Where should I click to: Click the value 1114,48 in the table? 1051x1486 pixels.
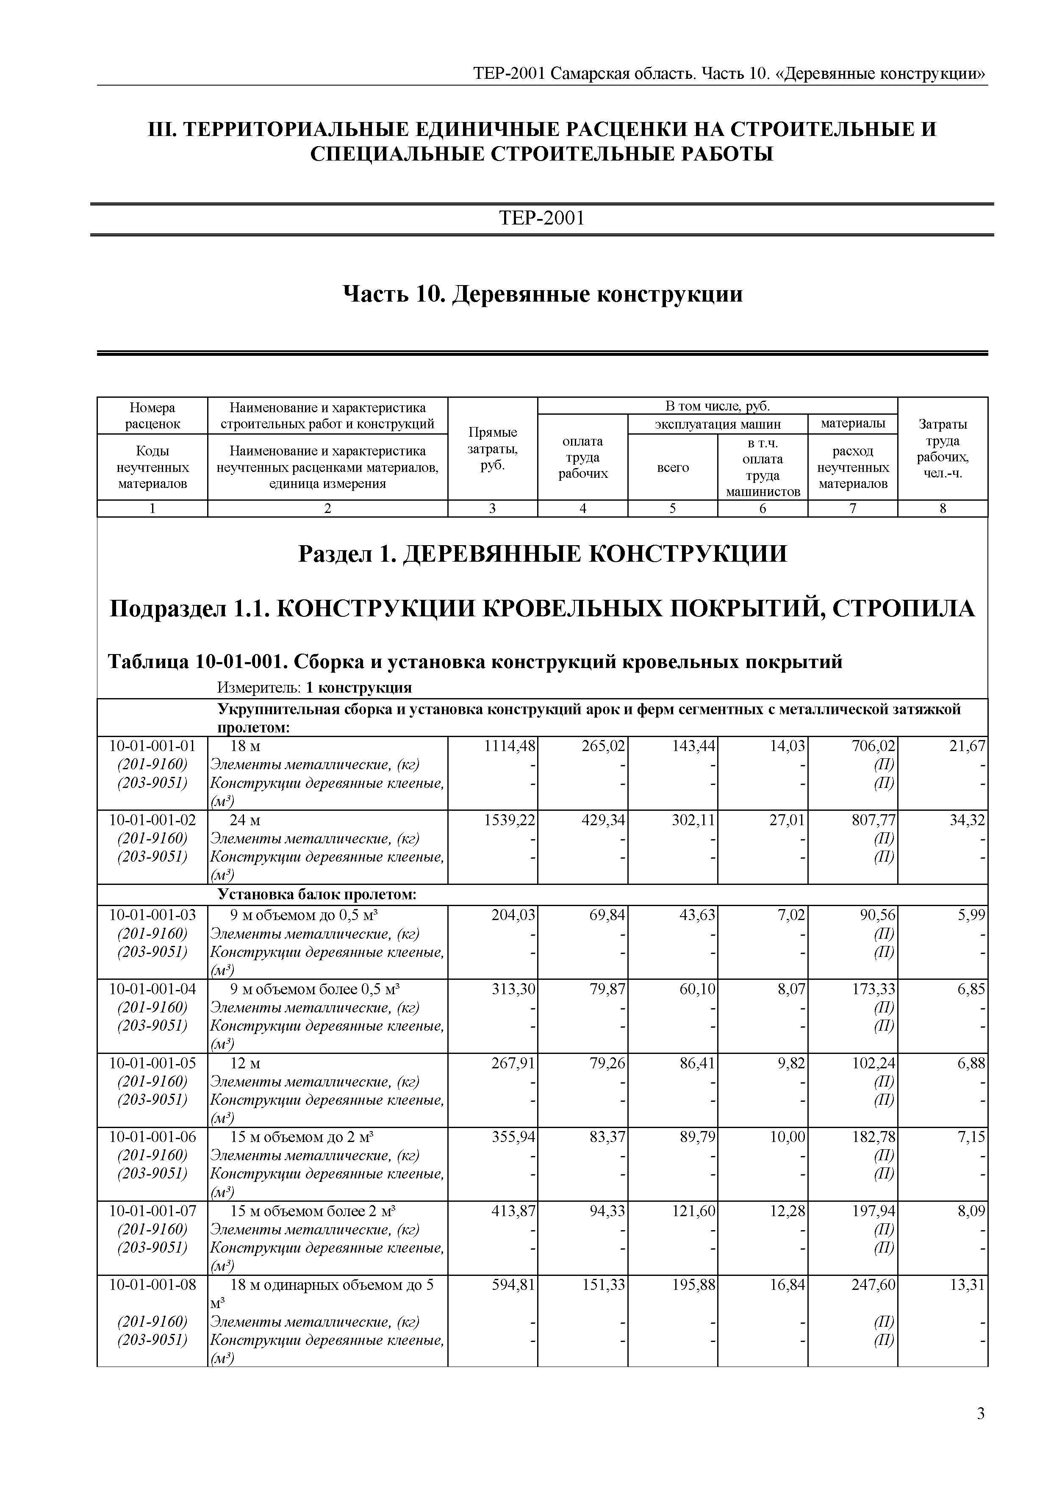click(510, 746)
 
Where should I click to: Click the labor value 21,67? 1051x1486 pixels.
click(967, 746)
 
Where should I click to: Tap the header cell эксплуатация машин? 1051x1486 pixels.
click(718, 424)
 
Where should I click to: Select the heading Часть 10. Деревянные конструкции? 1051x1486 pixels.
click(542, 294)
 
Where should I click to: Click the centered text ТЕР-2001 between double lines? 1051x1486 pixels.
click(542, 218)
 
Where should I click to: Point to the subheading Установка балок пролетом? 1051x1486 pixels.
click(316, 895)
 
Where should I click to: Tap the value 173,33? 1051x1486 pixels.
click(874, 989)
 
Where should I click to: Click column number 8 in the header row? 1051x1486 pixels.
click(943, 509)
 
